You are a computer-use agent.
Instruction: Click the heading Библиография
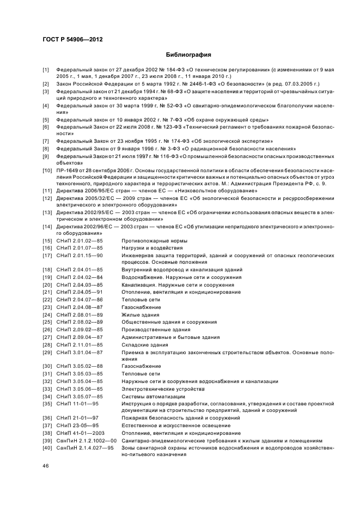(x=188, y=54)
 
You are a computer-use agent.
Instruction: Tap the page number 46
(x=46, y=466)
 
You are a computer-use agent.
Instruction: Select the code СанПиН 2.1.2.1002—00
(x=87, y=440)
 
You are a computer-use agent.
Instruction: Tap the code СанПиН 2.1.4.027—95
(x=86, y=448)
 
